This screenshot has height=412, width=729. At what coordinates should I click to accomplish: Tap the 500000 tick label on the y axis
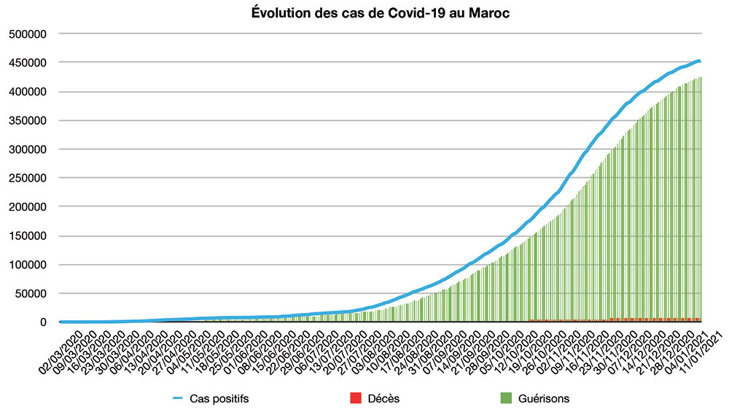[x=27, y=34]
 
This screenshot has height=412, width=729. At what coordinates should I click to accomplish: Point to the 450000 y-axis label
[x=27, y=63]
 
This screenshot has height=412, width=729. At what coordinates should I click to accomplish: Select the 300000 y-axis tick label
[x=27, y=149]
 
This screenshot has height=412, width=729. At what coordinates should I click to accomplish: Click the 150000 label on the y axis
[x=27, y=236]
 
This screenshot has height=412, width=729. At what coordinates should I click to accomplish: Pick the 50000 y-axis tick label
[x=30, y=294]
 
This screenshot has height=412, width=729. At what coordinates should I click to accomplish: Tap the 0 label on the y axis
[x=43, y=322]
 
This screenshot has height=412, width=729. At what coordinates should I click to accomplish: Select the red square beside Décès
[x=356, y=398]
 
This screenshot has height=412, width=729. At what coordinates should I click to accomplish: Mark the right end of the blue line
[x=701, y=61]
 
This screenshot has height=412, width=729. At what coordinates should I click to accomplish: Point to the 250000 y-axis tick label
[x=27, y=179]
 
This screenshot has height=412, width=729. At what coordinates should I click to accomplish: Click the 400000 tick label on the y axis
[x=27, y=92]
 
